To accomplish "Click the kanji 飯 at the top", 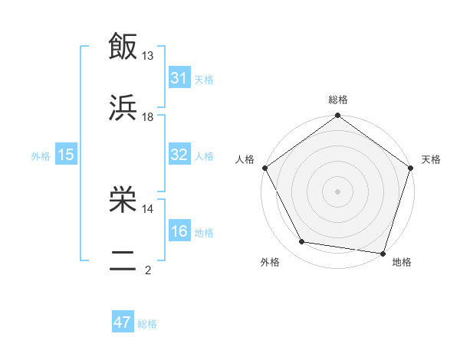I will coord(123,47).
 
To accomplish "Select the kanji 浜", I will coord(123,108).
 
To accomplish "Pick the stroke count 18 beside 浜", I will coord(148,116).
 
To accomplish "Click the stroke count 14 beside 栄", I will coord(148,208).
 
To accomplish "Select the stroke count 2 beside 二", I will coord(148,270).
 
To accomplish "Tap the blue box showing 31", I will coord(179,78).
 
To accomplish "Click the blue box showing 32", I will coord(179,154).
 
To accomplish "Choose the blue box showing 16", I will coord(179,231).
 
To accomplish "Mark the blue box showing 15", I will coord(66,155).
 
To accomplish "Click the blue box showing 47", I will coord(123,322).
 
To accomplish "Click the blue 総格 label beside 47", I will coord(147,324).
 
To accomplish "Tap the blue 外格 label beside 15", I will coord(41,155).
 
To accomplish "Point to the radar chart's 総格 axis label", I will coord(337,100).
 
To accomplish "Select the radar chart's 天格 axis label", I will coord(431,159).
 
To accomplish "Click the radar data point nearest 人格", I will coord(265,168).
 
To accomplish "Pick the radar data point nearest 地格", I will coord(382,253).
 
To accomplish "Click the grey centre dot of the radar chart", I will coord(337,191).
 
